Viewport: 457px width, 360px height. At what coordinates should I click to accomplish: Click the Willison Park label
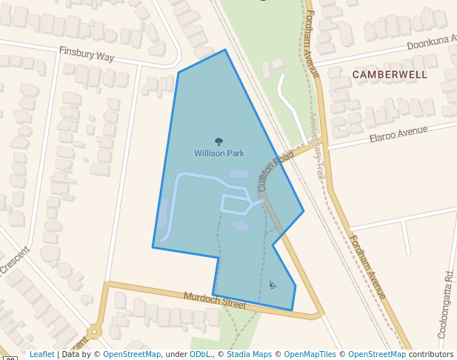point(219,153)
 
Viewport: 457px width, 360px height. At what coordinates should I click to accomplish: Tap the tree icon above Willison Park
point(219,141)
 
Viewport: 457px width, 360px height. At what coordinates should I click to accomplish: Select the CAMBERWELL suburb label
point(390,75)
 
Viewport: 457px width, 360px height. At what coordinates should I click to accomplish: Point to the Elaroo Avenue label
point(398,134)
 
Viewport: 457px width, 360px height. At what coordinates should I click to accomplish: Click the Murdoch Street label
point(214,299)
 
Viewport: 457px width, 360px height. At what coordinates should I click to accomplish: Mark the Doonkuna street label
point(431,42)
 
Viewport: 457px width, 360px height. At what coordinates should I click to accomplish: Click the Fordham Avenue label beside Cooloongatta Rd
point(367,267)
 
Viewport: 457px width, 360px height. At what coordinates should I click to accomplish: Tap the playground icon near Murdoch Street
point(273,285)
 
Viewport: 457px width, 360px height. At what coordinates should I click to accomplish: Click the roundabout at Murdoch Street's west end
point(94,332)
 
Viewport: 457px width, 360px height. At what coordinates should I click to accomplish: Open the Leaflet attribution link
point(41,354)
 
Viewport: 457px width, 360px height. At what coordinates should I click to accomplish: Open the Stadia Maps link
point(249,354)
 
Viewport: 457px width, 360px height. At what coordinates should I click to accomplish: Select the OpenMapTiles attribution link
point(312,354)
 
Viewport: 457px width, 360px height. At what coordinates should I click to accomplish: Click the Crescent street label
point(13,260)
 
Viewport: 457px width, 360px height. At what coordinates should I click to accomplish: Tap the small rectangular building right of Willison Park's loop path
point(241,227)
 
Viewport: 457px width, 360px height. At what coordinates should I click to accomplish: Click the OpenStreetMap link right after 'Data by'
point(131,354)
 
